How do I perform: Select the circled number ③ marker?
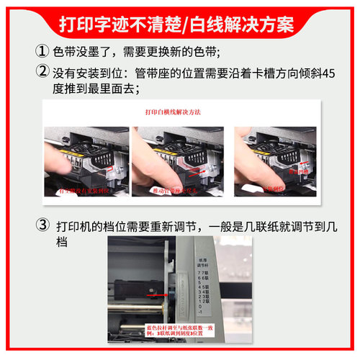pyautogui.click(x=42, y=225)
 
